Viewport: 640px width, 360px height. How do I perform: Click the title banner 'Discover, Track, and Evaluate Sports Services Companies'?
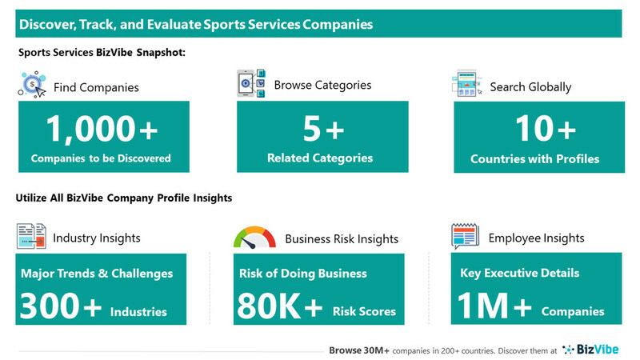318,24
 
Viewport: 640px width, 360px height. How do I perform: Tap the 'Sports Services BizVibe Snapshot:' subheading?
102,53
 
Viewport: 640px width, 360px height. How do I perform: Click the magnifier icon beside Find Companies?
32,85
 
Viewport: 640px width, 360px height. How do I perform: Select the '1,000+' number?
102,129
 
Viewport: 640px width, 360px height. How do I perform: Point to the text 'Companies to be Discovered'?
101,158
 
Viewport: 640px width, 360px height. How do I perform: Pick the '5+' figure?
323,129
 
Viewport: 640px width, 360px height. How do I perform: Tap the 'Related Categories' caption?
320,158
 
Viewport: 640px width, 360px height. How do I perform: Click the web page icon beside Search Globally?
467,83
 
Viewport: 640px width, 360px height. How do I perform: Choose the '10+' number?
546,129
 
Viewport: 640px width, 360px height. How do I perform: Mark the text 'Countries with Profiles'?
534,158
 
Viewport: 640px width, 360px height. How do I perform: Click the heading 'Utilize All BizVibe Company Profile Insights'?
124,198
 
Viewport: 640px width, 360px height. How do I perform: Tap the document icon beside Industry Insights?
31,236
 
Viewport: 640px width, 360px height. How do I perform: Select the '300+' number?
61,306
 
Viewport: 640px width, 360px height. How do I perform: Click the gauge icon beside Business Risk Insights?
254,237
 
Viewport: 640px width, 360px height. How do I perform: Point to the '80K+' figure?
280,306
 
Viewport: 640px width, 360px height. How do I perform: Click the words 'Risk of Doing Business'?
303,274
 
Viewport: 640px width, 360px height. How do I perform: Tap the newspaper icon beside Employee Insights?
465,236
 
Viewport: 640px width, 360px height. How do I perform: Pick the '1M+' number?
494,306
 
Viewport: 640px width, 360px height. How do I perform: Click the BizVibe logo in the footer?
590,350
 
